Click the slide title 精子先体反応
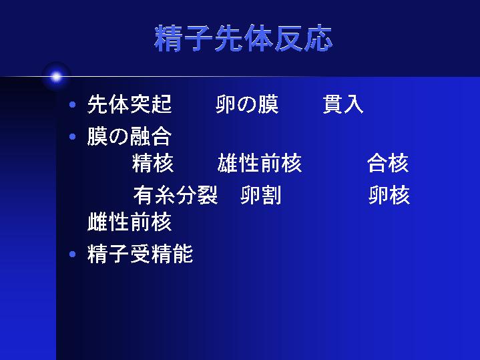[244, 38]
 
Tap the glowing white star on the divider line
[56, 77]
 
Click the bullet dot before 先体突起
[73, 105]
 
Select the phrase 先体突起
[130, 104]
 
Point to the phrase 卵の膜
[247, 104]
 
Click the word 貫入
[343, 104]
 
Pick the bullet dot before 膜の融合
[73, 136]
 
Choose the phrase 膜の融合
[130, 136]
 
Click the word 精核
[153, 163]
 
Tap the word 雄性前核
[260, 163]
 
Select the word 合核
[388, 163]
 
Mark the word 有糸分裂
[176, 195]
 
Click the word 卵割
[261, 195]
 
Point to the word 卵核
[389, 195]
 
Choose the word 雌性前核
[130, 222]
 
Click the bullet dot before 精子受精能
[73, 254]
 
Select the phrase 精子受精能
[140, 254]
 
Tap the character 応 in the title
[318, 38]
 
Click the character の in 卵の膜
[247, 104]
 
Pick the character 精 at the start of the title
[168, 38]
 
